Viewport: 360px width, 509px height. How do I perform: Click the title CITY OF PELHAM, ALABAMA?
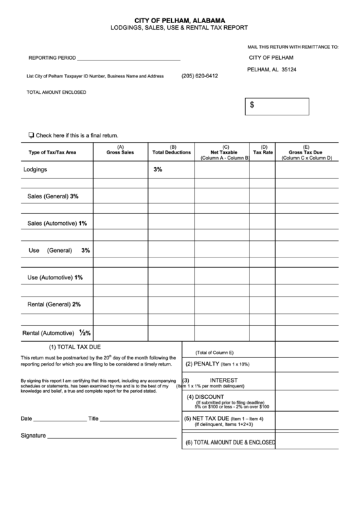tap(180, 21)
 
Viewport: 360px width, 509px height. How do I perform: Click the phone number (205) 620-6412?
tap(200, 75)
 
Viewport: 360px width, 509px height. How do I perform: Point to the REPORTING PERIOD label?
tap(52, 58)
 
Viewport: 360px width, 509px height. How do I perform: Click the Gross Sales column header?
tap(120, 150)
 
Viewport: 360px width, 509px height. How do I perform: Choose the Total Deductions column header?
tap(172, 150)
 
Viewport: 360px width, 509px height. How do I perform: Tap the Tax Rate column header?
tap(263, 150)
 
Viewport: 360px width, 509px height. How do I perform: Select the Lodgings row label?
tap(36, 169)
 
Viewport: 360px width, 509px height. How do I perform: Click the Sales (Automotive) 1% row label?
tap(57, 223)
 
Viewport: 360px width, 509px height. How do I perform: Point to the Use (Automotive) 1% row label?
tap(55, 277)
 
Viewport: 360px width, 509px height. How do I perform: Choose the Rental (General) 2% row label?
tap(54, 304)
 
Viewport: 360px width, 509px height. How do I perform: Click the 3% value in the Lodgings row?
tap(158, 169)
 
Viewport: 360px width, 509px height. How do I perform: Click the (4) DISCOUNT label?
tap(205, 397)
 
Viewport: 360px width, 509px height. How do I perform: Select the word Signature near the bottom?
tap(33, 435)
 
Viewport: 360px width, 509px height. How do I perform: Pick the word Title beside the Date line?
tap(94, 419)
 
